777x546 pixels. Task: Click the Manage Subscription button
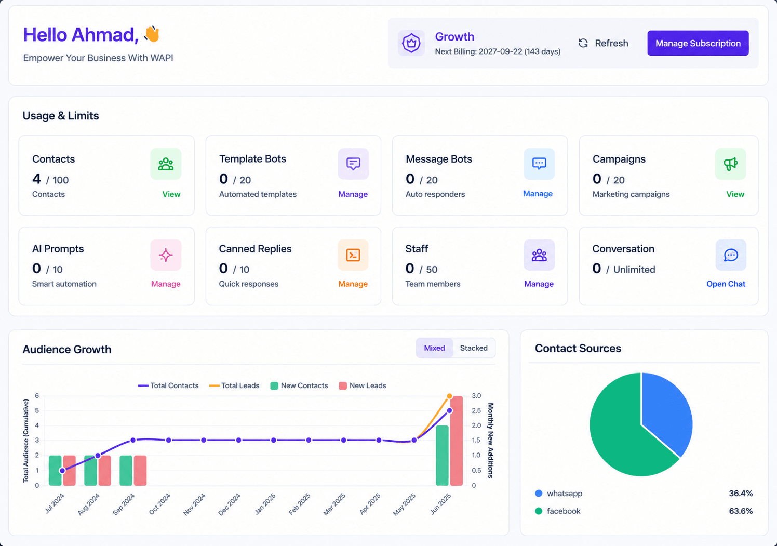click(698, 43)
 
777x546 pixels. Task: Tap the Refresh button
click(603, 43)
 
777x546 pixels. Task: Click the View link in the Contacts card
click(171, 194)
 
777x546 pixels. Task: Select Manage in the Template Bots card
click(353, 194)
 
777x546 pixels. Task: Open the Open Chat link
click(726, 284)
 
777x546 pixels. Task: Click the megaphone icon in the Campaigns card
click(730, 164)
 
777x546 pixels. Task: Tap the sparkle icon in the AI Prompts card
click(166, 255)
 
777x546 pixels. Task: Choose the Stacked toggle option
click(474, 348)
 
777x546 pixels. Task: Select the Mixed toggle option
click(434, 348)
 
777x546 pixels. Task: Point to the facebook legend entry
click(558, 511)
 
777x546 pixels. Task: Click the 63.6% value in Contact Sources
click(741, 511)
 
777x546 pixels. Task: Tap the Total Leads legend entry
click(234, 385)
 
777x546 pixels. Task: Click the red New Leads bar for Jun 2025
click(456, 441)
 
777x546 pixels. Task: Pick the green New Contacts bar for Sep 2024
click(126, 470)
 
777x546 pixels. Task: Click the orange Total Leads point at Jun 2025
click(450, 396)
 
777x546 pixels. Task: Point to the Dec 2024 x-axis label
click(229, 504)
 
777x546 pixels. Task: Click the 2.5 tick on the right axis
click(476, 411)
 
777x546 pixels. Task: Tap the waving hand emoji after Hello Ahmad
click(152, 34)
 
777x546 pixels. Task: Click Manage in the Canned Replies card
click(353, 284)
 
